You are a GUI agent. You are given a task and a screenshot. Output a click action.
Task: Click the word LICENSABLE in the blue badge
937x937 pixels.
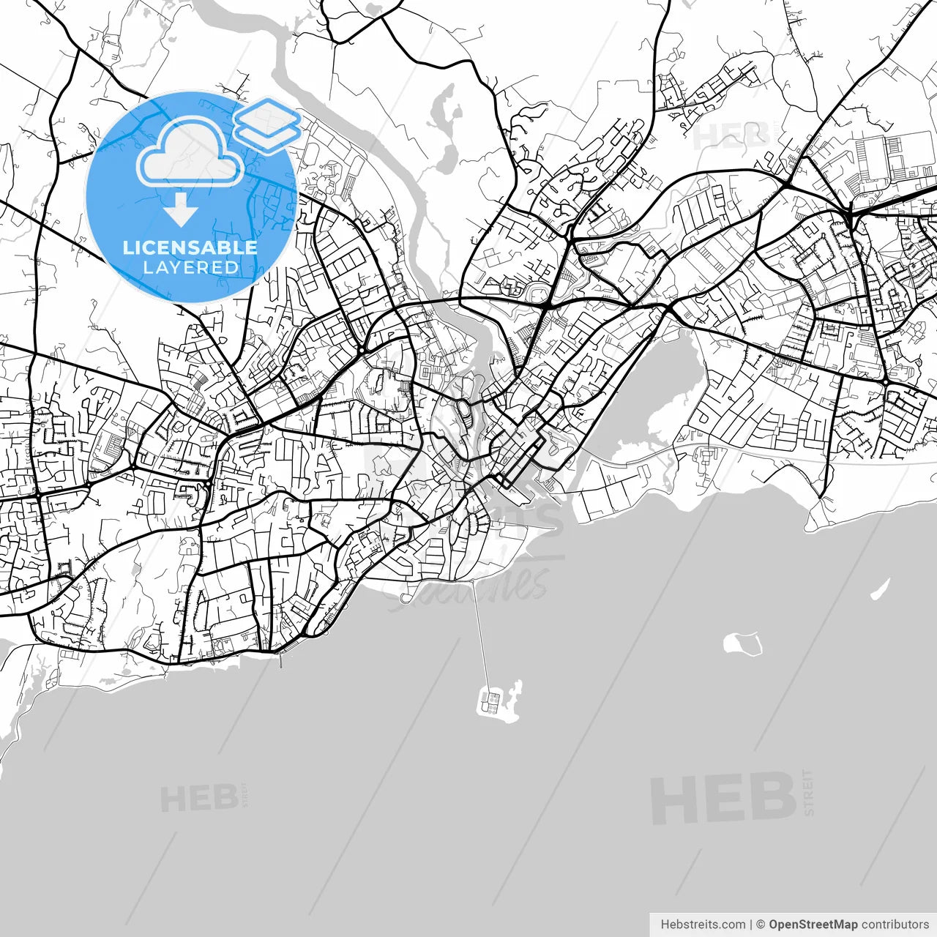point(190,247)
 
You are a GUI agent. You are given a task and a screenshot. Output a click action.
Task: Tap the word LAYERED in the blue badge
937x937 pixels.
point(190,268)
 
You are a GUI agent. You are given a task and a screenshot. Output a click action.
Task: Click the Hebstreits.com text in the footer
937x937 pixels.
point(703,925)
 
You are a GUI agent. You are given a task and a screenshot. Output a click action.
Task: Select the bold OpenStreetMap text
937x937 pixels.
point(813,925)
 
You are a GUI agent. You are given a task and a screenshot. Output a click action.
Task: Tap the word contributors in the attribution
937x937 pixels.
point(895,925)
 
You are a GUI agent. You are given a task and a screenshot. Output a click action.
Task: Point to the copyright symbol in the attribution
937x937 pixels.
point(761,925)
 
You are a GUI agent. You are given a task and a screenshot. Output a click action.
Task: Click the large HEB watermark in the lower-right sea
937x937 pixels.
point(723,798)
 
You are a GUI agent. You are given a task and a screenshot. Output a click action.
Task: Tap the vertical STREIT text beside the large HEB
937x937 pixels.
point(808,792)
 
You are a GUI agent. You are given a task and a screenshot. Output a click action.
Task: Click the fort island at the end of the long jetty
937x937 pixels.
point(498,703)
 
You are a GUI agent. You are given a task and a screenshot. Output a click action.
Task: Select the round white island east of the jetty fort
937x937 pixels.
point(742,644)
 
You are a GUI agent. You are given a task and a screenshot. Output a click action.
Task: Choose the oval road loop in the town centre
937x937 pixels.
point(464,412)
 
